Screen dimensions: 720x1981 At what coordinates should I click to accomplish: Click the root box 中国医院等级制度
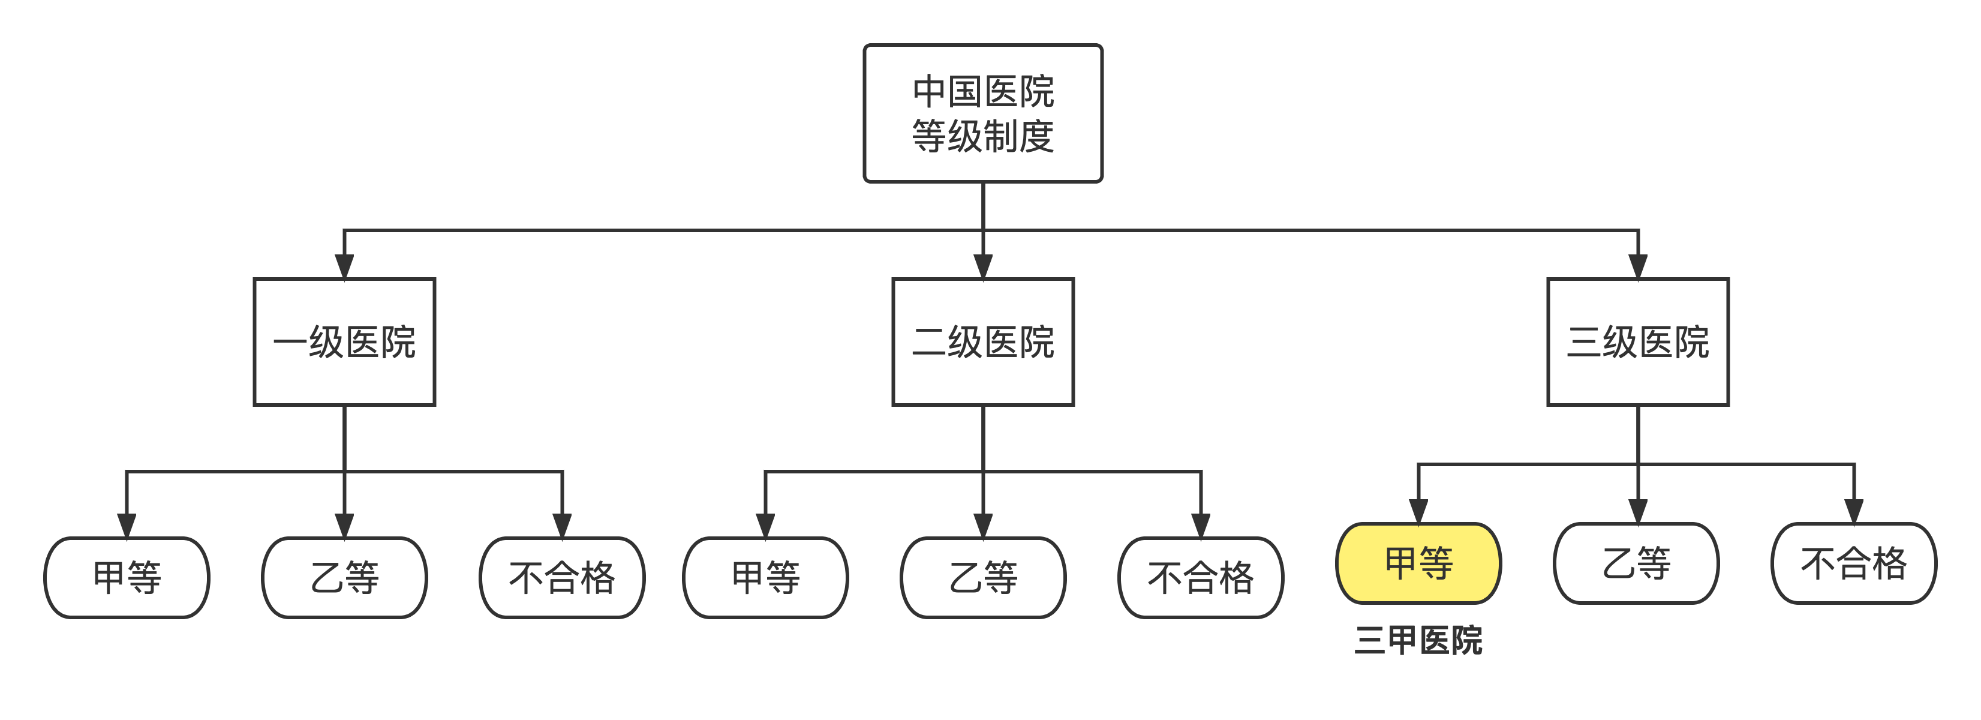[x=983, y=113]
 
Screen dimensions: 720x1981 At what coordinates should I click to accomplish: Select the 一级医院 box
[x=344, y=341]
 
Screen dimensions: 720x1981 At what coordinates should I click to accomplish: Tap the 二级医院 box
[x=983, y=341]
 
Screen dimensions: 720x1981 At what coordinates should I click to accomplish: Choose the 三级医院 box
[x=1638, y=341]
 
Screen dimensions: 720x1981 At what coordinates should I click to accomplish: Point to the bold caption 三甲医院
[x=1418, y=640]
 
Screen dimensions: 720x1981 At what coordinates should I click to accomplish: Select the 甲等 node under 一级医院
[x=127, y=578]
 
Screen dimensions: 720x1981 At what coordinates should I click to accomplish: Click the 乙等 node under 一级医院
[x=344, y=578]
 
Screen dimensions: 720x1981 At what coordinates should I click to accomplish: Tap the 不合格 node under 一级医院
[x=562, y=578]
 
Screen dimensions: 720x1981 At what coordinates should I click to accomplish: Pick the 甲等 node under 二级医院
[x=765, y=578]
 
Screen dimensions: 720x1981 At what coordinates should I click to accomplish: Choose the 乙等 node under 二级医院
[x=983, y=578]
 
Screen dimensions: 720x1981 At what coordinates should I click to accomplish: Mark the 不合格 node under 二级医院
[x=1201, y=578]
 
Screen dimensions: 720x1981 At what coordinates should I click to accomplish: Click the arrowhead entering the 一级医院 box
[x=344, y=266]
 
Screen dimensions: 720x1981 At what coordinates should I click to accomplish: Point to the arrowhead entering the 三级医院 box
[x=1638, y=266]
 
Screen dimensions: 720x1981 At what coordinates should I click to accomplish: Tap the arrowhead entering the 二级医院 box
[x=983, y=266]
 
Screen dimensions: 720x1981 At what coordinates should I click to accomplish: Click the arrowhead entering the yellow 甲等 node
[x=1418, y=511]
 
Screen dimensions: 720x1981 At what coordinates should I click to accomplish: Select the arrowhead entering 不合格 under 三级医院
[x=1854, y=511]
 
